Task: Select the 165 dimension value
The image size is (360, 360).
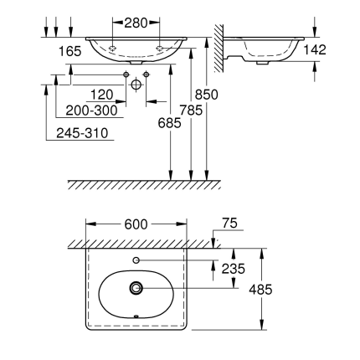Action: click(x=69, y=51)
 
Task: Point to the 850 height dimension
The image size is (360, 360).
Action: click(x=208, y=95)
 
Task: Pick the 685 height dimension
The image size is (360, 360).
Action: click(x=171, y=123)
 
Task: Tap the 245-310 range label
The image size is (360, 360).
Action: click(x=82, y=131)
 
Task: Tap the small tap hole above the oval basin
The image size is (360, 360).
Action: click(x=136, y=261)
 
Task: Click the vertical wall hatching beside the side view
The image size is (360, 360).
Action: click(x=220, y=46)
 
